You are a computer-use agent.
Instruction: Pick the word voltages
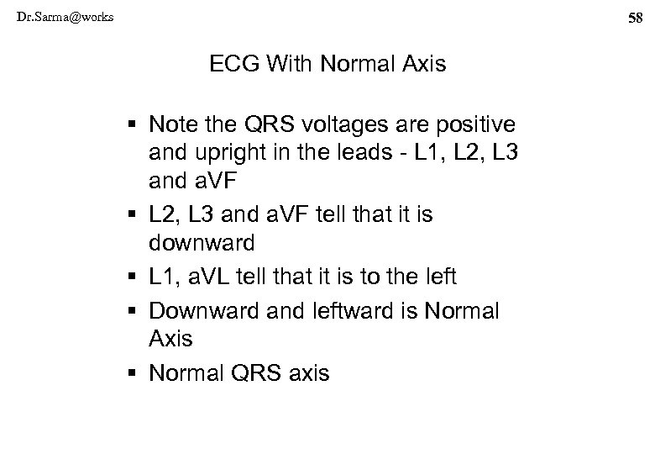[318, 124]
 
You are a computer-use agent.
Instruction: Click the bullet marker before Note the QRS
[134, 124]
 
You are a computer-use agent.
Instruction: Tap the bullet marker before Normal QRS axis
[134, 372]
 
